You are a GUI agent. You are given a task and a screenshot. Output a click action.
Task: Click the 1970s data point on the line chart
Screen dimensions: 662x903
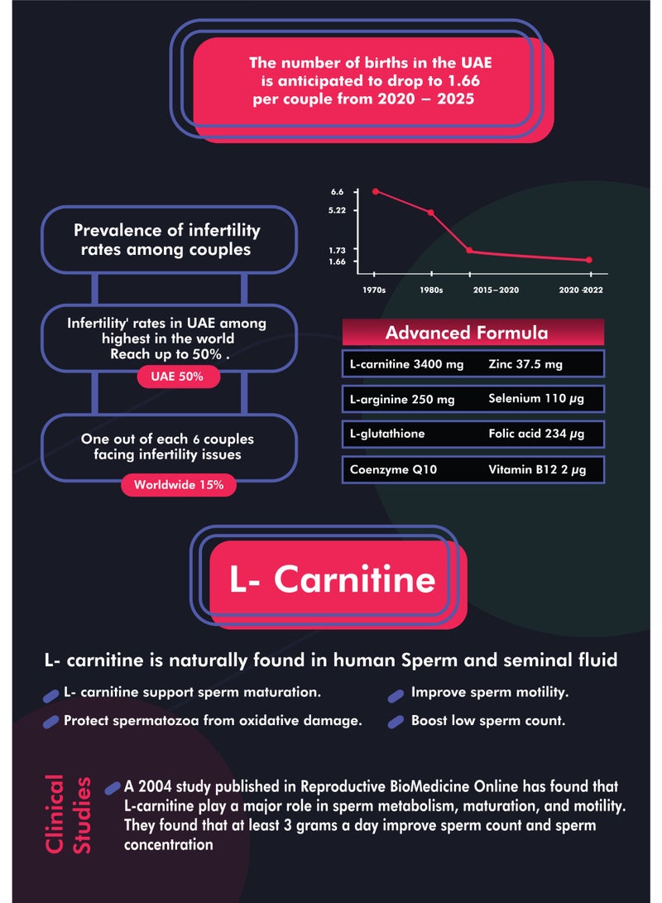376,191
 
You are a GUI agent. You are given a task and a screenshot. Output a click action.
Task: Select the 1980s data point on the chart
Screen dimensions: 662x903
430,213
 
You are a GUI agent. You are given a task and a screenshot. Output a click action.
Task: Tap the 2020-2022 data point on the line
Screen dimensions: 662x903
589,260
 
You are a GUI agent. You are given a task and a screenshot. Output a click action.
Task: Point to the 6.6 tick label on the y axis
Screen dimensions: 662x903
338,192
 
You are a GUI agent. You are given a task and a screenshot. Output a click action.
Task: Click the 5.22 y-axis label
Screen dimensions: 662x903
337,210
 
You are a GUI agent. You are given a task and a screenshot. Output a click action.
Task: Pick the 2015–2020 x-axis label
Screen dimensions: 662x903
496,290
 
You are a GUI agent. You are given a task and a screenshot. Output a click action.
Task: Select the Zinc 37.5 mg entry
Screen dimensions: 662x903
525,364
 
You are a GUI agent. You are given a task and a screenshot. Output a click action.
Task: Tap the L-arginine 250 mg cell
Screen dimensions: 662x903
402,399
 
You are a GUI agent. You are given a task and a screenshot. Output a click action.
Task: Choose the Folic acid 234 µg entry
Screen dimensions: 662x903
536,434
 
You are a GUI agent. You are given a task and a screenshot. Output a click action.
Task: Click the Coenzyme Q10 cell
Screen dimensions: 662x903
393,469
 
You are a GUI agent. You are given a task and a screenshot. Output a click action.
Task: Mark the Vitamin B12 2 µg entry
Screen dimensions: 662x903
537,469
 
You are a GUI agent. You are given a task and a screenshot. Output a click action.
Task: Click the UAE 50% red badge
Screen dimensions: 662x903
178,377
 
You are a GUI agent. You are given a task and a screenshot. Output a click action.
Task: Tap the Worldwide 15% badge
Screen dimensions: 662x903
179,485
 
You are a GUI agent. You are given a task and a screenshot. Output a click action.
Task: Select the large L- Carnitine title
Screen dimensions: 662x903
332,579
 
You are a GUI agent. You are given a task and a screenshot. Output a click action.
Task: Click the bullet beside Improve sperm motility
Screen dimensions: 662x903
396,696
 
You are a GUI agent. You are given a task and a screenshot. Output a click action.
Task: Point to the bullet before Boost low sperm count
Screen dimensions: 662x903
396,723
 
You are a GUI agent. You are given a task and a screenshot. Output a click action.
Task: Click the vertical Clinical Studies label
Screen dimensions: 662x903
68,813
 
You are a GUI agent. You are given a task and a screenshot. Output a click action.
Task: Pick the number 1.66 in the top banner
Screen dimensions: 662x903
463,80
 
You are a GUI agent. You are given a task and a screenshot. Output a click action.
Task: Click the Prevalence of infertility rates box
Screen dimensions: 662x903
169,239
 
